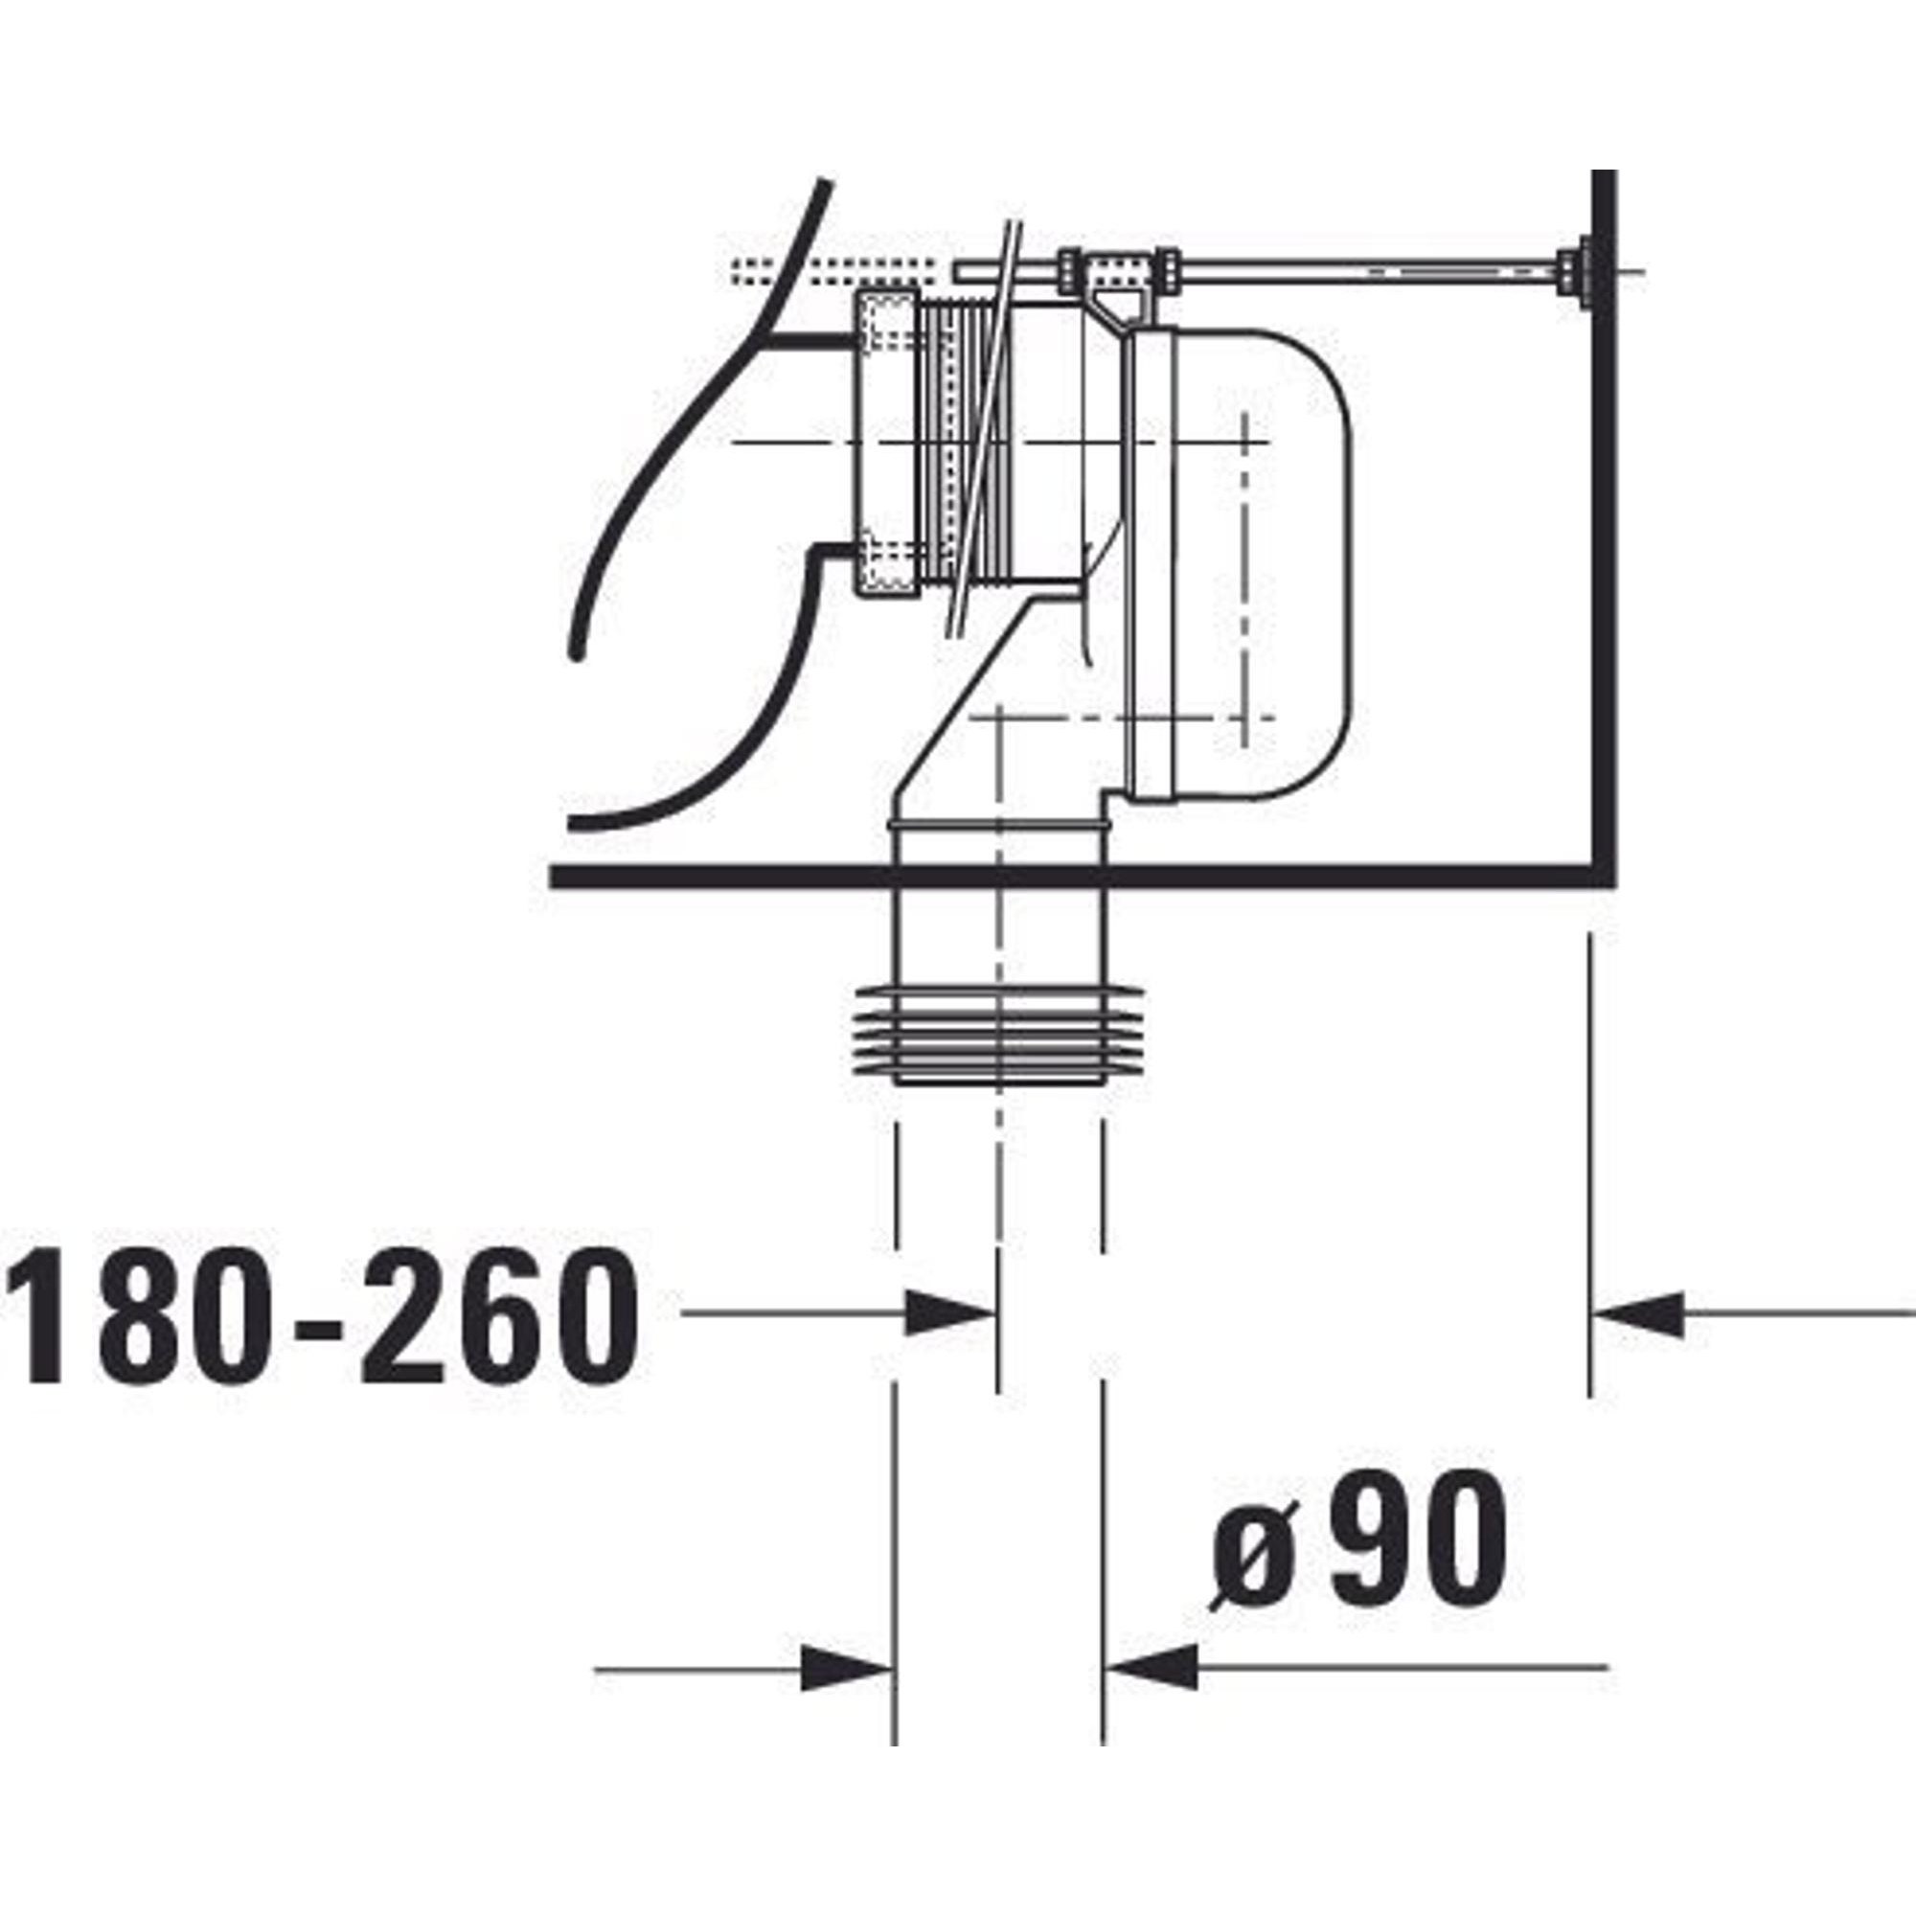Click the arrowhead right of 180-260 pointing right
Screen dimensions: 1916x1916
pyautogui.click(x=951, y=1314)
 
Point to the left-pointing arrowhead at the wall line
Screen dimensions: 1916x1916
pyautogui.click(x=1637, y=1315)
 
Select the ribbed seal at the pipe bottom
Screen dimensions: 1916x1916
pyautogui.click(x=998, y=1036)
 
